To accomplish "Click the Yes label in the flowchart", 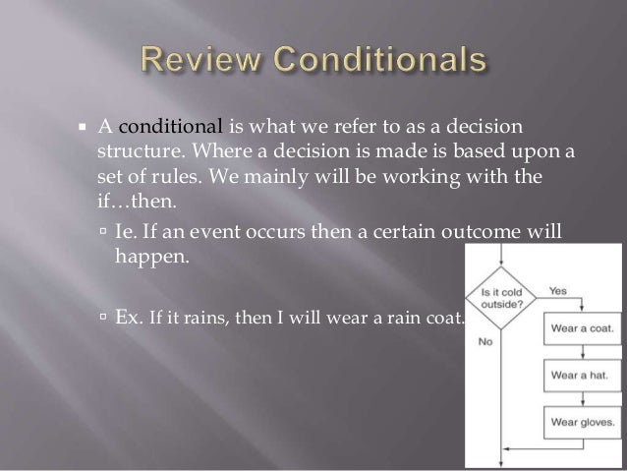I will (x=557, y=291).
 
